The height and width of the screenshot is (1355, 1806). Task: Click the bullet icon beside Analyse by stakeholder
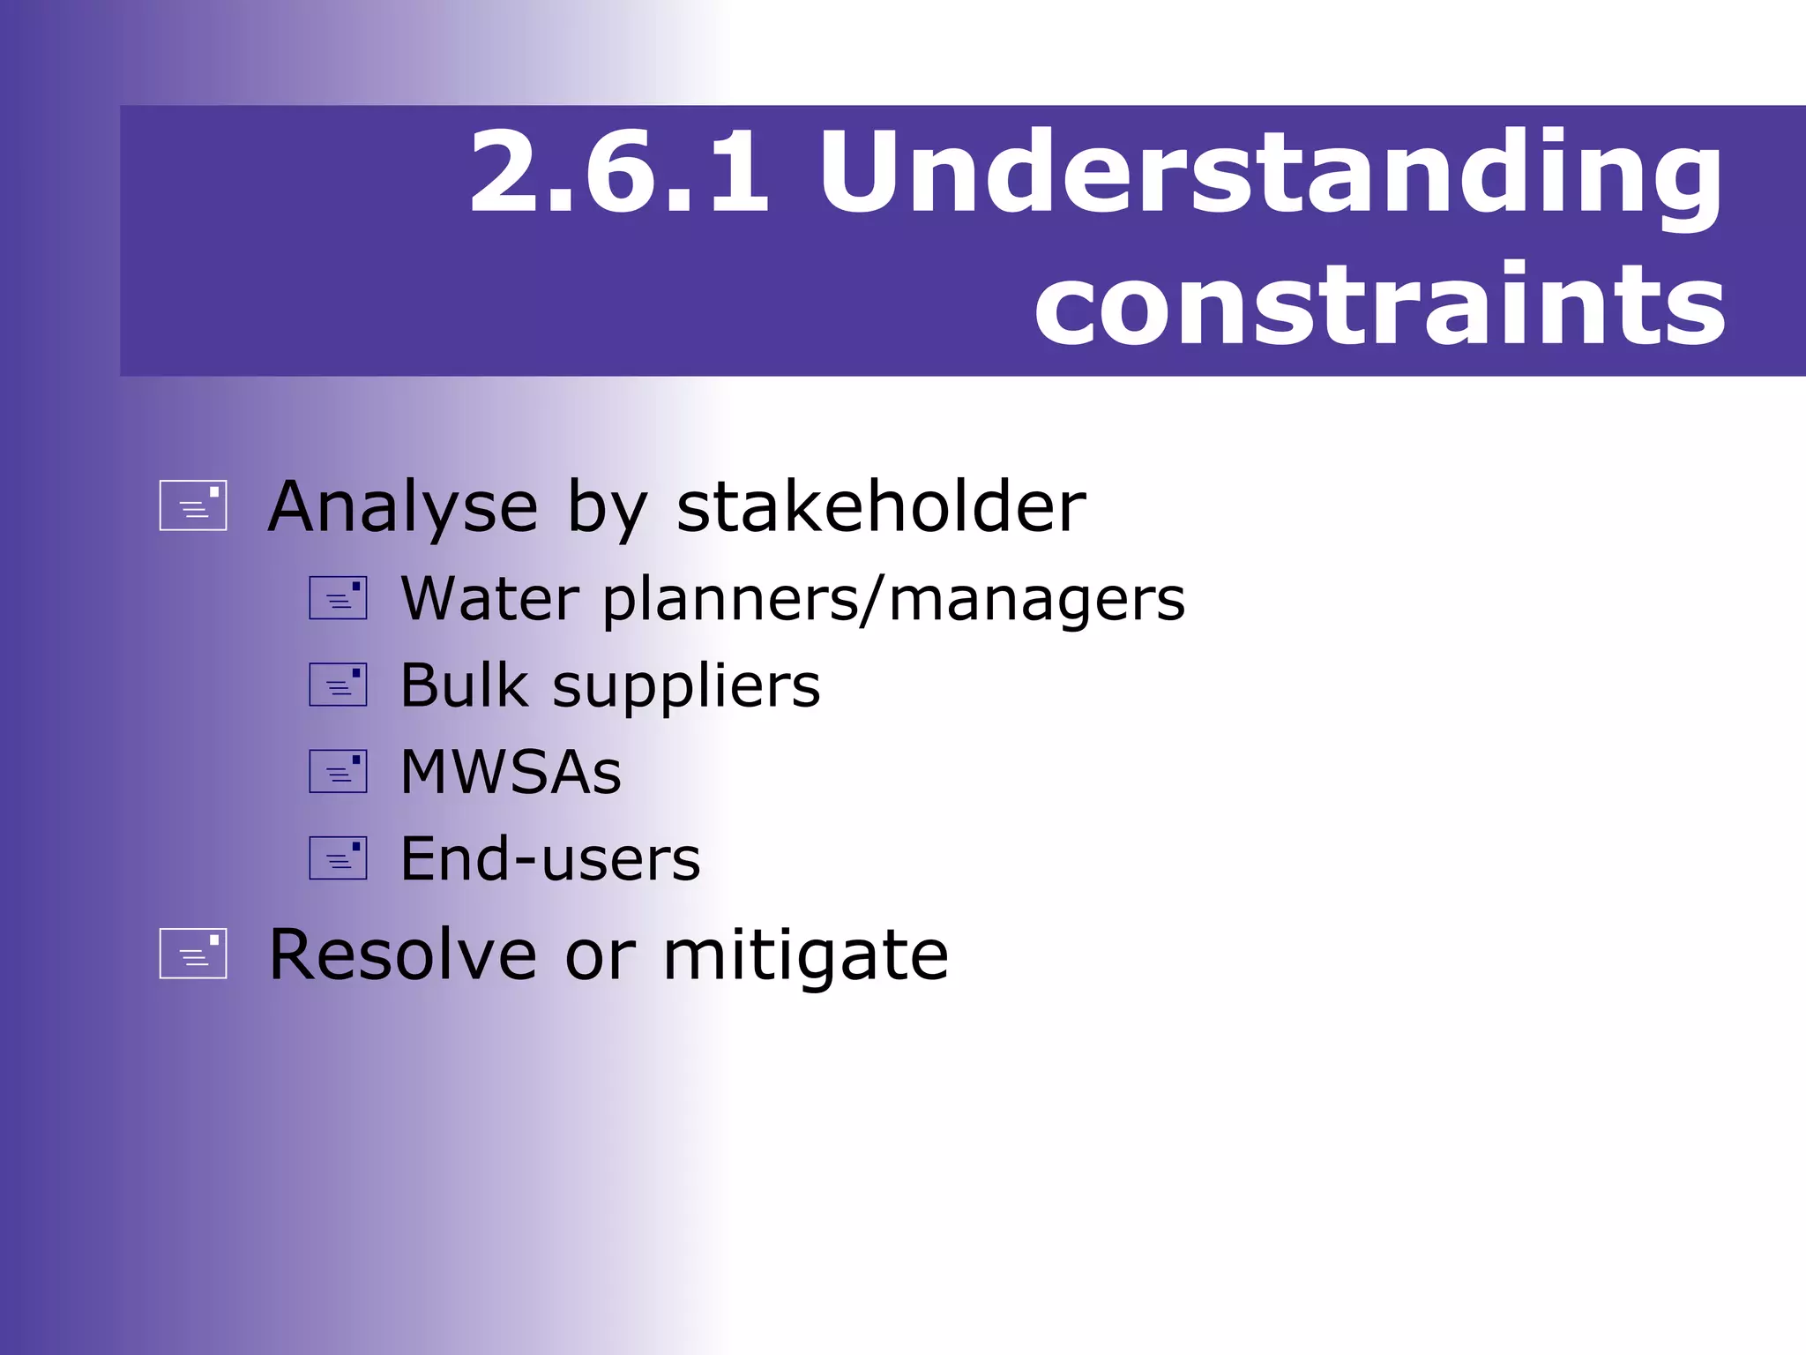coord(193,505)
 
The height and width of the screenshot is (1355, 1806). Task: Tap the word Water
coord(489,599)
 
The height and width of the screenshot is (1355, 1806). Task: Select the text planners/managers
coord(893,601)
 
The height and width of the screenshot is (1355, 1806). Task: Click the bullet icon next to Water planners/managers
coord(338,598)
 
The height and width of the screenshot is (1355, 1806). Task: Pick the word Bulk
coord(464,685)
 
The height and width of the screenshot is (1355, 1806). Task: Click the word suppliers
coord(686,687)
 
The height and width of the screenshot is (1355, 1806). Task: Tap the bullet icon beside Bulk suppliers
coord(338,685)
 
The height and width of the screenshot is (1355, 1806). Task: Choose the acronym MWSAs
coord(511,772)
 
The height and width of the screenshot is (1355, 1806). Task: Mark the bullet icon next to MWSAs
coord(338,771)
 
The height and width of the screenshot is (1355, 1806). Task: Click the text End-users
coord(550,858)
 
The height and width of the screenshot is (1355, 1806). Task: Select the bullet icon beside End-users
coord(338,857)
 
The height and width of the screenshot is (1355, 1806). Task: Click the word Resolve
coord(402,954)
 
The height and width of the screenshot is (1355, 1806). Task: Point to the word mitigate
coord(805,956)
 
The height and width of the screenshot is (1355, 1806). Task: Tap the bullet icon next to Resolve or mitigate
coord(193,954)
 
